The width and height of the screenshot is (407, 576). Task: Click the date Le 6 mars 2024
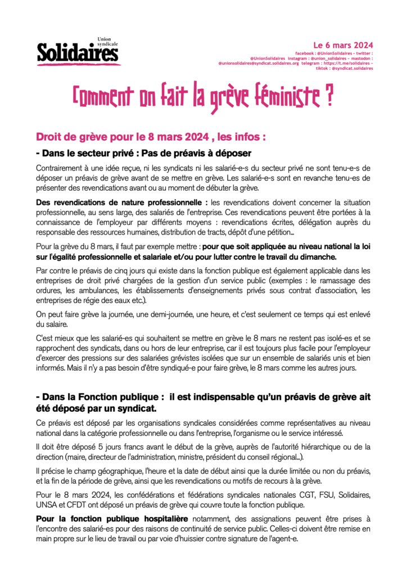(343, 45)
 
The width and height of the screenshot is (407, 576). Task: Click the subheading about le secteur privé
(143, 153)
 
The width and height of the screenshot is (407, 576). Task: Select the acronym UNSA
(47, 504)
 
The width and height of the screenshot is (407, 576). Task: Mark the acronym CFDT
(80, 504)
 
